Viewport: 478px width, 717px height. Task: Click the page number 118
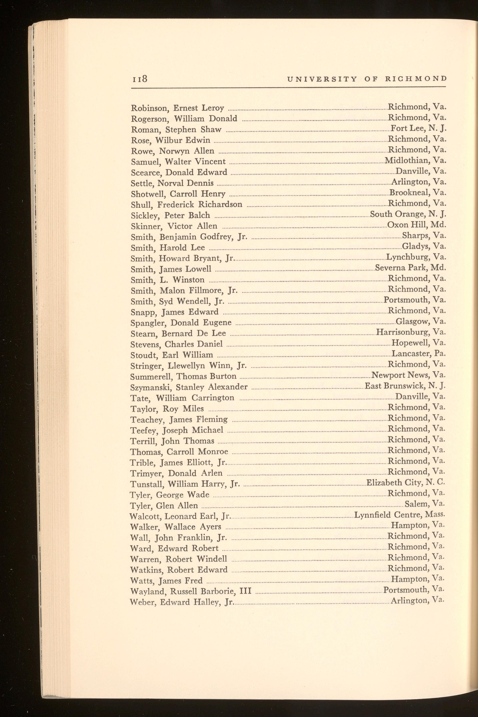point(140,79)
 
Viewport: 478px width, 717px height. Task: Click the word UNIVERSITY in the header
point(322,79)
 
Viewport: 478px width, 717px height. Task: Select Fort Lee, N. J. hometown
point(418,128)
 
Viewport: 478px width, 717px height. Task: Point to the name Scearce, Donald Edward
point(179,173)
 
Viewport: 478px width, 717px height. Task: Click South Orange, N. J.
point(408,214)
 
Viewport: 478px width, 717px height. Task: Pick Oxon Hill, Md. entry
point(416,225)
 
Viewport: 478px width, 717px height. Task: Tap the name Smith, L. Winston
point(167,280)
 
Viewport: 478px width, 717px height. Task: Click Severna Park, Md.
point(410,268)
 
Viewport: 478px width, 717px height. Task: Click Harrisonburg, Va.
point(411,332)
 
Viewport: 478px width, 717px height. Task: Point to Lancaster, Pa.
point(418,354)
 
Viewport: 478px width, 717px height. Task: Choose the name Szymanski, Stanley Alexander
point(189,387)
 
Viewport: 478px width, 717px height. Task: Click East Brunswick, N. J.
point(405,386)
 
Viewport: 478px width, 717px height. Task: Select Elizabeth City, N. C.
point(406,483)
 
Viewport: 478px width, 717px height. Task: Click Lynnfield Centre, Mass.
point(400,515)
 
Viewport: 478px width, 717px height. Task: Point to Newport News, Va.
point(408,375)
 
